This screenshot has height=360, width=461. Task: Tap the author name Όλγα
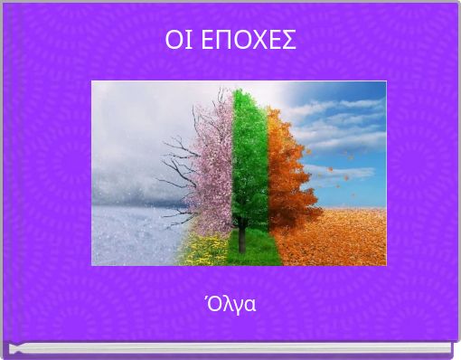tap(231, 304)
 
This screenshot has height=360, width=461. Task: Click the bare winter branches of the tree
tap(176, 167)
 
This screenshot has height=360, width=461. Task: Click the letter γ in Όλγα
tap(238, 306)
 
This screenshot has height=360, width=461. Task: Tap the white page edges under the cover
tap(230, 348)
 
